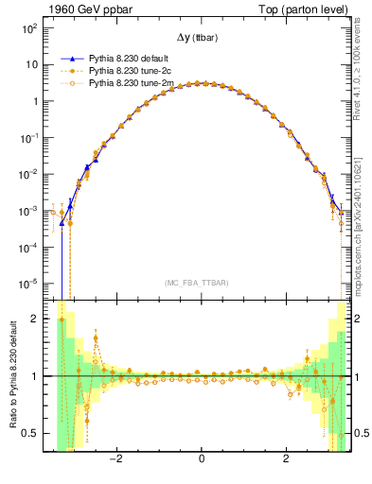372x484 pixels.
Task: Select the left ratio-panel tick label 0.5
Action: point(30,433)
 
